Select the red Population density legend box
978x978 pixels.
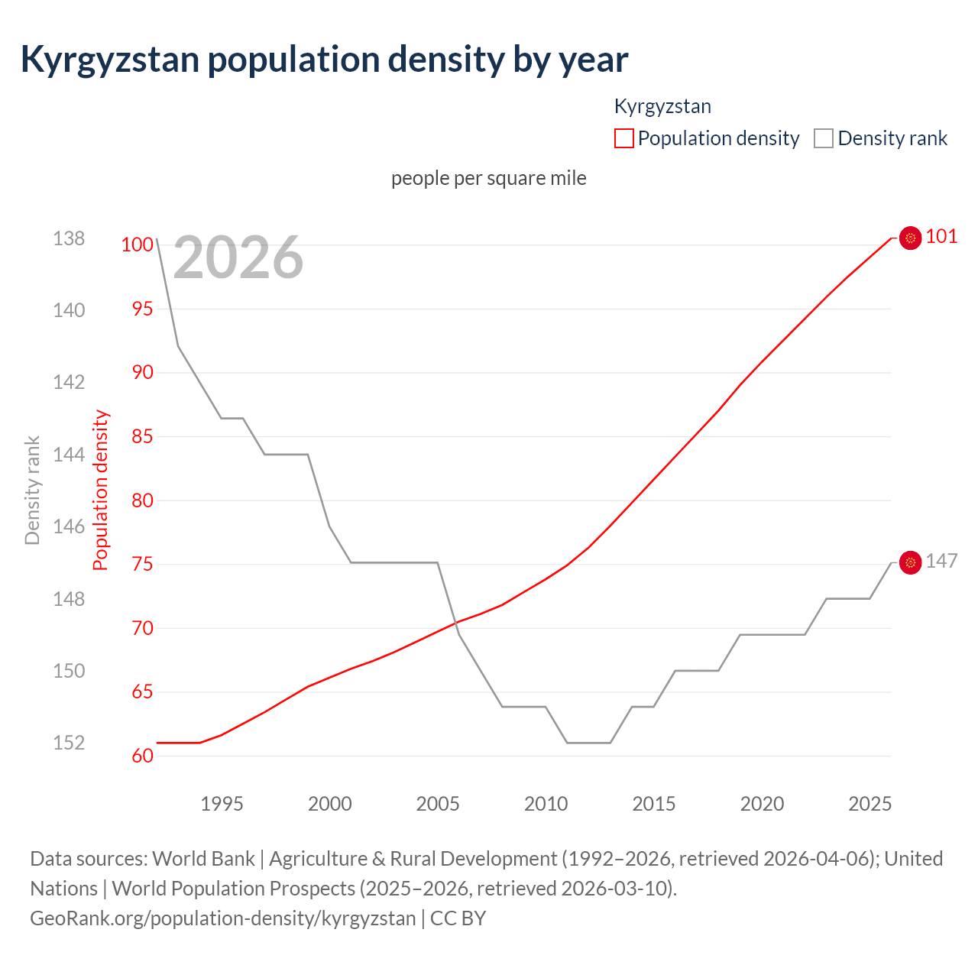click(x=623, y=138)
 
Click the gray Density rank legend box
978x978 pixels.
click(x=823, y=138)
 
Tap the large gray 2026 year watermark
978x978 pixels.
click(x=238, y=258)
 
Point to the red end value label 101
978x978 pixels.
click(x=941, y=236)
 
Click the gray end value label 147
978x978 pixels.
click(x=941, y=562)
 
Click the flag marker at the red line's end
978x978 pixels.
click(x=910, y=238)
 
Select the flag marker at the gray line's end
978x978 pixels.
click(x=910, y=563)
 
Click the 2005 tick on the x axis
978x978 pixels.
click(x=438, y=804)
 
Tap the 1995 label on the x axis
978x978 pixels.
click(x=222, y=804)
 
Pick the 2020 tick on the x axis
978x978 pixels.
click(x=762, y=804)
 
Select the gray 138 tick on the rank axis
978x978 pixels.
click(x=69, y=238)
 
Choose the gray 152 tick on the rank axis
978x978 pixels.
click(x=69, y=743)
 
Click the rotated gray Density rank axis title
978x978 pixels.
click(x=32, y=491)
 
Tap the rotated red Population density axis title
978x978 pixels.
click(x=101, y=491)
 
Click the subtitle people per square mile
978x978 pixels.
click(x=489, y=178)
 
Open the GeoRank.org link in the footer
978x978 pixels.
click(x=222, y=918)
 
